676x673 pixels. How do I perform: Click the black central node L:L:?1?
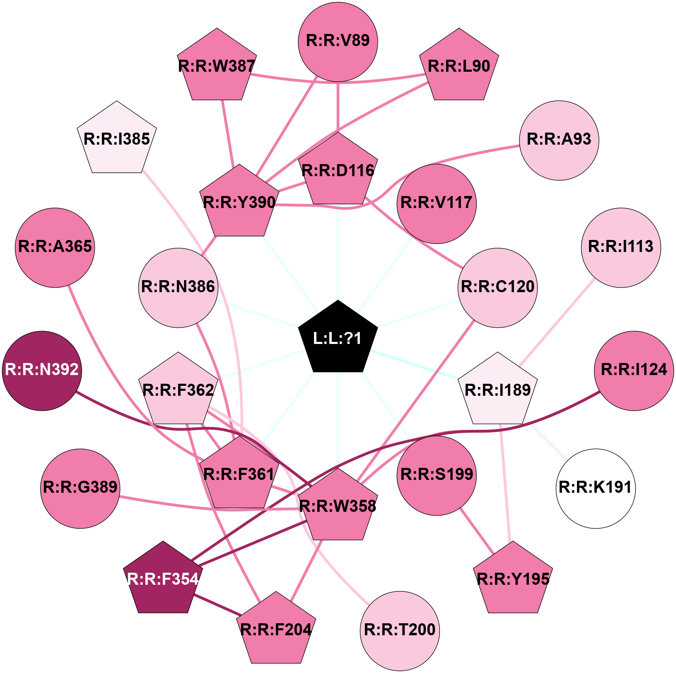click(x=338, y=338)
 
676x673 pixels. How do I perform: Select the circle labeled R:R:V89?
click(x=338, y=42)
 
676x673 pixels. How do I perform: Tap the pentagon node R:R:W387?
click(x=217, y=66)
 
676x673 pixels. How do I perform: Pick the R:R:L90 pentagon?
click(x=459, y=66)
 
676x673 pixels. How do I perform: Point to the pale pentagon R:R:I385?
click(x=117, y=138)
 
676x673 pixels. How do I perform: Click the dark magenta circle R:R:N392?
click(x=42, y=371)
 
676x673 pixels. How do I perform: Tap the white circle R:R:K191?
click(x=596, y=489)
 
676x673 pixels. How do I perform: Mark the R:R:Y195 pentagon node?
click(x=513, y=579)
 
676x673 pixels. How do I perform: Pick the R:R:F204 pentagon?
click(x=276, y=629)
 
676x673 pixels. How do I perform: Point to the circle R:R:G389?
click(x=80, y=489)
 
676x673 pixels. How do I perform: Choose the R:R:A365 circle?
click(x=55, y=247)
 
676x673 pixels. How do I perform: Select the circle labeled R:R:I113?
click(x=621, y=247)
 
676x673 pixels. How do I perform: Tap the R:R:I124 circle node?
click(x=634, y=371)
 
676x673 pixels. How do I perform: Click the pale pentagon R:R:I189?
click(x=498, y=390)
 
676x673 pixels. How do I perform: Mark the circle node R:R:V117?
click(x=437, y=204)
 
